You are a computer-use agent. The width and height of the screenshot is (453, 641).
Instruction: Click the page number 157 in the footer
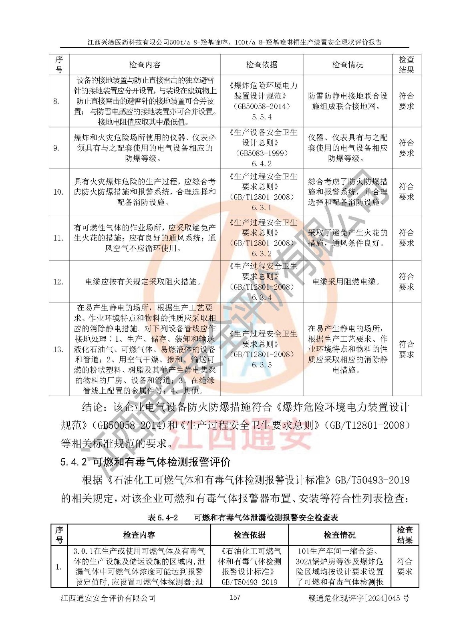235,597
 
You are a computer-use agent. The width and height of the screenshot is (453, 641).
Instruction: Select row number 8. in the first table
56,101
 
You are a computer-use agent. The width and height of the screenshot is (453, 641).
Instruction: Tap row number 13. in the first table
58,349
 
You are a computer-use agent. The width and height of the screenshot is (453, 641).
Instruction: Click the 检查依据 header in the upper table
262,65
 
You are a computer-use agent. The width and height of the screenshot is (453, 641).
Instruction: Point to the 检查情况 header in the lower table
340,535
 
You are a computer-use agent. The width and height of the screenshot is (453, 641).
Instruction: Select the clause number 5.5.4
262,117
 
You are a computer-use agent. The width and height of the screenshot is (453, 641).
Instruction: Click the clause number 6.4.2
262,163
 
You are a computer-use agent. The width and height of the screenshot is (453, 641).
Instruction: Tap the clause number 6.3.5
262,365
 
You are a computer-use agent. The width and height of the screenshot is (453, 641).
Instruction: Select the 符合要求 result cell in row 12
406,282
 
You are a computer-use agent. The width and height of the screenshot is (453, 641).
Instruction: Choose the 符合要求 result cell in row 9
406,148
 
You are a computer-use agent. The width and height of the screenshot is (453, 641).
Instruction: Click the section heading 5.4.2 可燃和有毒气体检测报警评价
145,462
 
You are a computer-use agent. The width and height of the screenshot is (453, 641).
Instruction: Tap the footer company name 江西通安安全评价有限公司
108,598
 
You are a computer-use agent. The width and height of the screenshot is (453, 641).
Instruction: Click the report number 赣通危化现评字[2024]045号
358,598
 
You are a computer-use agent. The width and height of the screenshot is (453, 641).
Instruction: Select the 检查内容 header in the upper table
145,65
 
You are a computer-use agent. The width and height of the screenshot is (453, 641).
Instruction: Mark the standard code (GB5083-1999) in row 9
262,153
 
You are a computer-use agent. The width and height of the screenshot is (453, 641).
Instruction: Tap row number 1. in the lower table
58,567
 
